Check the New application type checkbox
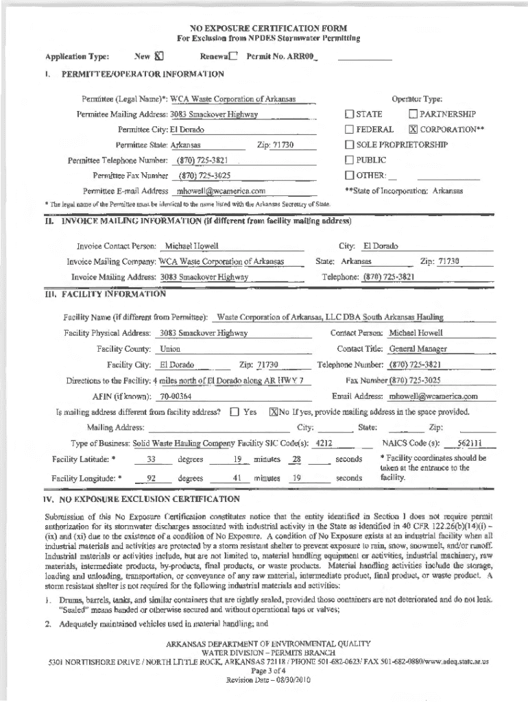159,57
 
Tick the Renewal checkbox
234,57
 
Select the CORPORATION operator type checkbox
413,130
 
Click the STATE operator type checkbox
349,114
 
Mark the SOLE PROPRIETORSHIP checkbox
349,145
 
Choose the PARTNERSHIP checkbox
413,114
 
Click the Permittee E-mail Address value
221,191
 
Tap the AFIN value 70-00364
175,397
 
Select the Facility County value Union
170,350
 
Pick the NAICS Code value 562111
470,443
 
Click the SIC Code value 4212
324,443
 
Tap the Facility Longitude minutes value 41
237,478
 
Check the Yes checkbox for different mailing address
235,413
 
